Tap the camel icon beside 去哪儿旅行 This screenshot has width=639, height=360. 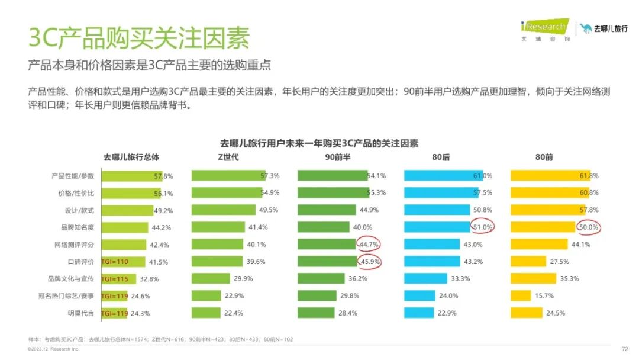pyautogui.click(x=586, y=28)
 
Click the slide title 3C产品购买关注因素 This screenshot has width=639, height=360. pyautogui.click(x=139, y=38)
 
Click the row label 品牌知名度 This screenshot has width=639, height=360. pyautogui.click(x=79, y=227)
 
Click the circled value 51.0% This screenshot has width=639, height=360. pyautogui.click(x=483, y=227)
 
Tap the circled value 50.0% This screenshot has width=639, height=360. pyautogui.click(x=589, y=227)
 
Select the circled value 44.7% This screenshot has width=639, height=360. pyautogui.click(x=369, y=244)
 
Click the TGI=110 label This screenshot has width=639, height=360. pyautogui.click(x=115, y=262)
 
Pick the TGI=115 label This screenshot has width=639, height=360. pyautogui.click(x=115, y=279)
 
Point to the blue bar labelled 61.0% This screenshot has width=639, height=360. pyautogui.click(x=443, y=176)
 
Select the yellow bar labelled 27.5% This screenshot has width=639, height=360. pyautogui.click(x=529, y=262)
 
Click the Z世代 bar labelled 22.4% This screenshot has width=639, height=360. pyautogui.click(x=206, y=313)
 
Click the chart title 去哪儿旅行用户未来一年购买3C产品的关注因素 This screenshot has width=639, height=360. pyautogui.click(x=319, y=143)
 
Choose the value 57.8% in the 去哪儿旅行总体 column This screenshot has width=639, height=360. pyautogui.click(x=163, y=176)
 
